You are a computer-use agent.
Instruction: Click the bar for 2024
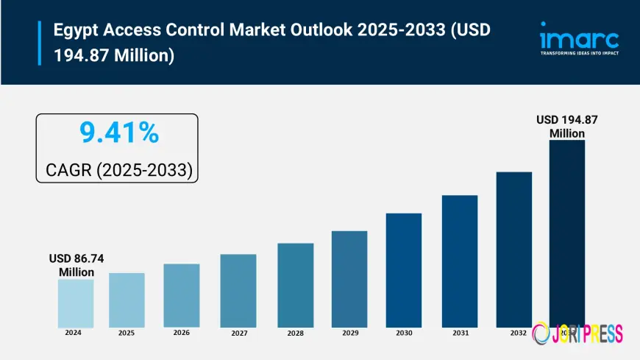76,303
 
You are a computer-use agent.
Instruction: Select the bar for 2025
127,300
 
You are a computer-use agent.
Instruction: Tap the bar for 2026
182,295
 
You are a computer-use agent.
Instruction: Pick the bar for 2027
238,291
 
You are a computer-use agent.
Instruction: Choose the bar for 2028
295,285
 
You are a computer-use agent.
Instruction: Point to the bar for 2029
349,279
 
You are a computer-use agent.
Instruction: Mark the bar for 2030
404,270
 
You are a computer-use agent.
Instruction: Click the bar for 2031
460,261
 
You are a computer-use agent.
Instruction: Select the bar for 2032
513,250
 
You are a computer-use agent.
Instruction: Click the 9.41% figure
118,133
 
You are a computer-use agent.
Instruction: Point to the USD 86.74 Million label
77,266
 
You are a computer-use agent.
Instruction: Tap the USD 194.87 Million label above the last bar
567,126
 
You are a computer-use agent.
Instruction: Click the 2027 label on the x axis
238,333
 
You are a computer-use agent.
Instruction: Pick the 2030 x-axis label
404,333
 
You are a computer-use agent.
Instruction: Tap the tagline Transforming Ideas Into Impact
579,53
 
